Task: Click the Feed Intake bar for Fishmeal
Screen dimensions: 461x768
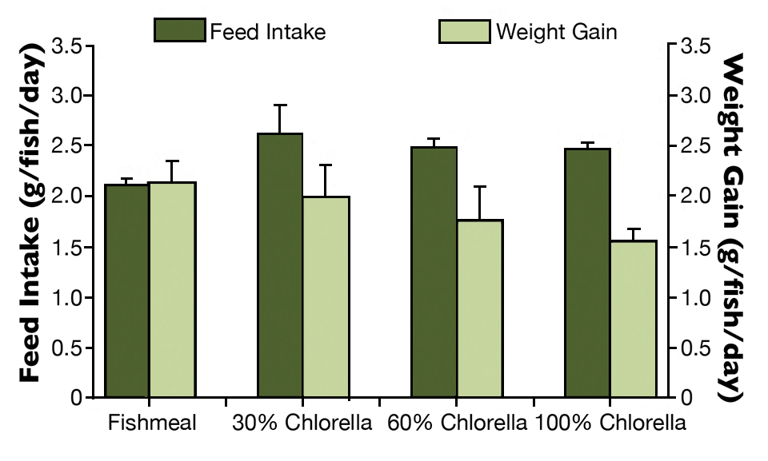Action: [126, 291]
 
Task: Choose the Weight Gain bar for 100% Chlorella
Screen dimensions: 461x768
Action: [634, 319]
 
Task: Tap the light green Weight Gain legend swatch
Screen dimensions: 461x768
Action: [464, 31]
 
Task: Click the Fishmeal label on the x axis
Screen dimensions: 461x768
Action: [152, 423]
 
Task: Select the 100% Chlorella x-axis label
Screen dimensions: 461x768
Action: [610, 423]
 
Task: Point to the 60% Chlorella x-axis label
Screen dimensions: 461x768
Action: [456, 423]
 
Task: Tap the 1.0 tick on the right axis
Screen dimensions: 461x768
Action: [694, 297]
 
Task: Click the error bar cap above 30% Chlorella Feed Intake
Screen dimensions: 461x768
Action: [280, 105]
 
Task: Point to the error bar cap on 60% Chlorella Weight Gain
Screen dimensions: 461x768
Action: [480, 186]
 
